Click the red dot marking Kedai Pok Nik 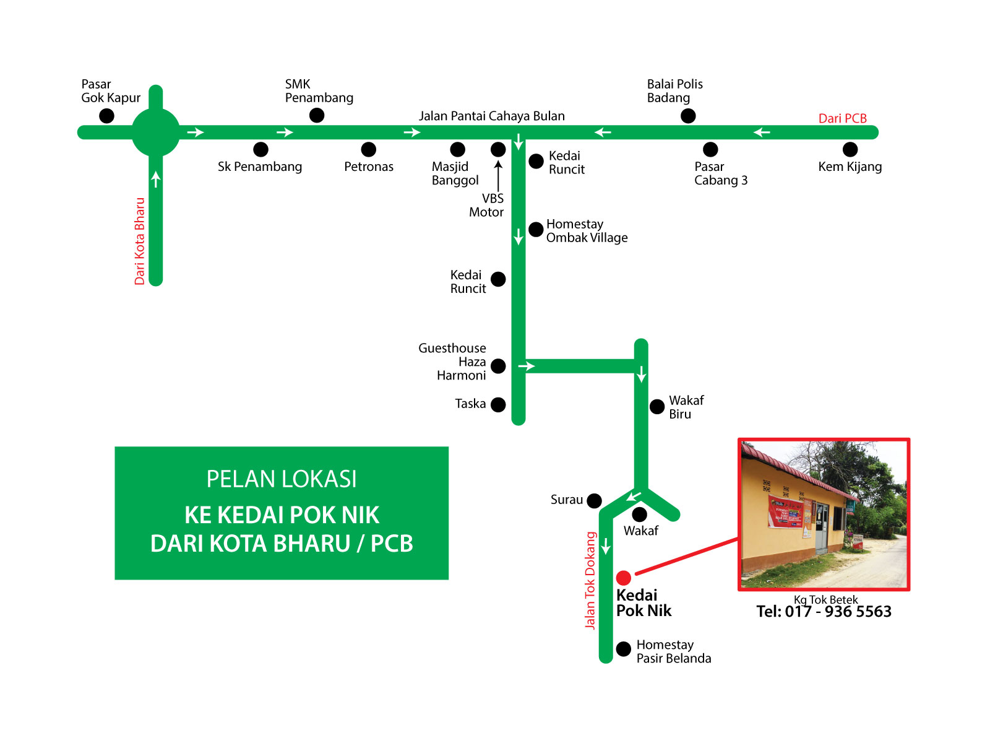coord(623,578)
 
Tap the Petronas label coord(369,167)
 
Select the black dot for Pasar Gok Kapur coord(106,116)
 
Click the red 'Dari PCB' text coord(842,118)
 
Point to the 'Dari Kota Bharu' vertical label coord(140,241)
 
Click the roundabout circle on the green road coord(156,132)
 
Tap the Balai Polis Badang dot coord(688,116)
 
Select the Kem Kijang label coord(850,167)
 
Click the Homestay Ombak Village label coord(587,231)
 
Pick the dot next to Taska coord(498,404)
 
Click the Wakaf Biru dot coord(657,407)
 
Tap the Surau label coord(567,500)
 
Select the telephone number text coord(824,612)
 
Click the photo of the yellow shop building coord(824,514)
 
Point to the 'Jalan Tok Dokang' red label coord(590,581)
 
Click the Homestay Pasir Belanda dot coord(623,648)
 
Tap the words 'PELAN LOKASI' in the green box coord(282,479)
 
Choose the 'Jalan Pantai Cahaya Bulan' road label coord(491,116)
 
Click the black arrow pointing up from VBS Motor coord(498,176)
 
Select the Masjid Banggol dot coord(457,149)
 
